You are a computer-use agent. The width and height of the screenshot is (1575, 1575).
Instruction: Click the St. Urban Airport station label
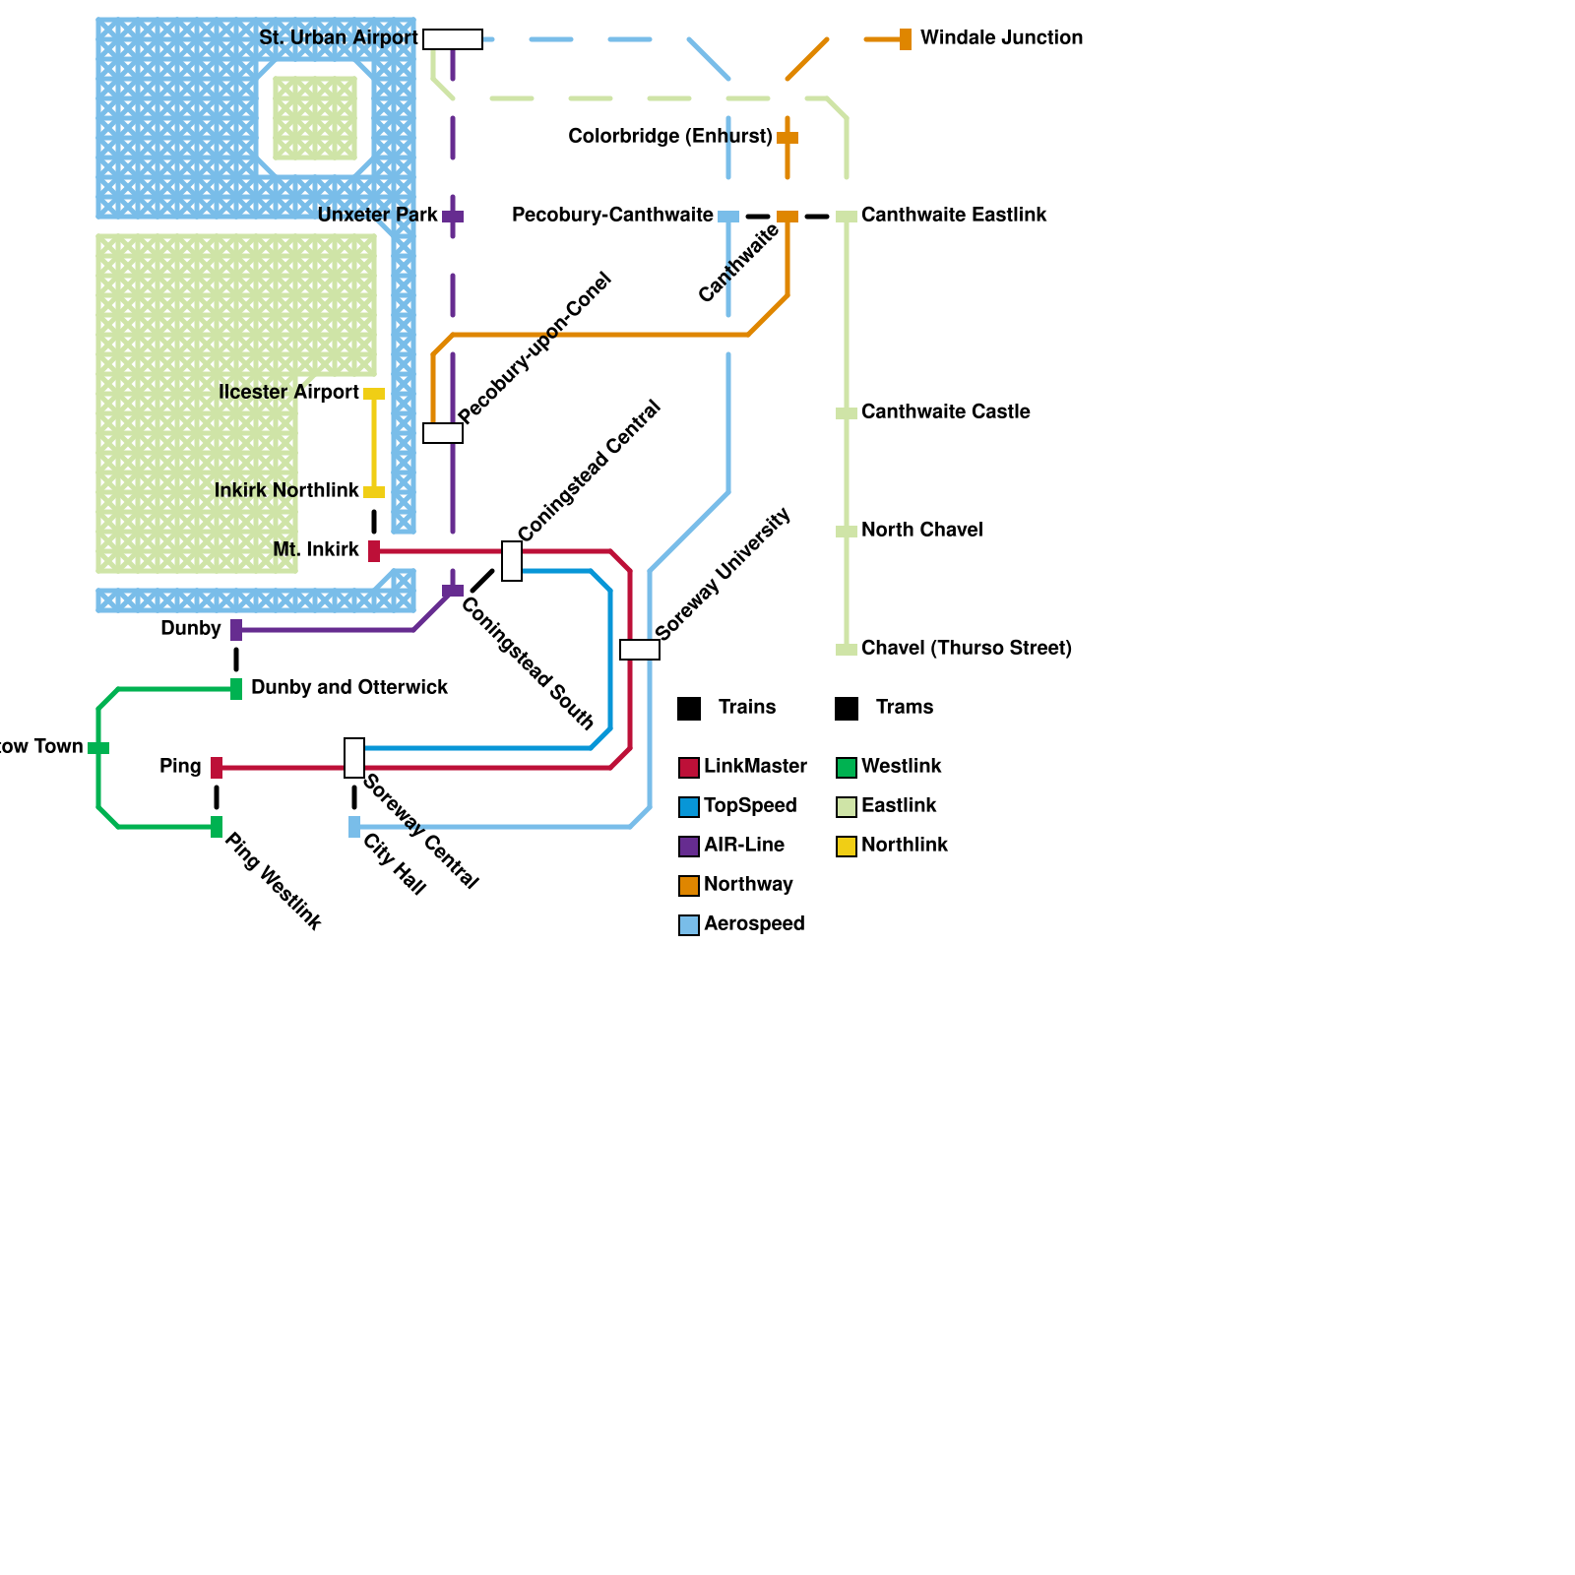(338, 38)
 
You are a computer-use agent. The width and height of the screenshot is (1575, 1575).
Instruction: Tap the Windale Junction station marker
(905, 39)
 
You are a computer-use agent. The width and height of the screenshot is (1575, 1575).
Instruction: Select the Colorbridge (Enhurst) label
(670, 137)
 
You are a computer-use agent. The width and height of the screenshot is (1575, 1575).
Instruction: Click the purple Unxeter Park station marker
(453, 217)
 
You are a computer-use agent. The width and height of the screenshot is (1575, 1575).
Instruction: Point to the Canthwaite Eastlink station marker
(846, 217)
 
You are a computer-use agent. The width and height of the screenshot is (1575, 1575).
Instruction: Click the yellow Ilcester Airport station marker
(374, 394)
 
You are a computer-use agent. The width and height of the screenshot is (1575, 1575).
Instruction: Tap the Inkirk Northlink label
(286, 491)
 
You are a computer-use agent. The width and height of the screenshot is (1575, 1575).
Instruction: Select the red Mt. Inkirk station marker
(374, 551)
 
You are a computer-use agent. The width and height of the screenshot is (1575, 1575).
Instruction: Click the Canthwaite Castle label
(945, 412)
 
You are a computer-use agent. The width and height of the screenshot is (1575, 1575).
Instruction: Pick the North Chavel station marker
(846, 532)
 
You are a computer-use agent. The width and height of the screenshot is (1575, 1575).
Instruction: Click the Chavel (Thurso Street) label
(966, 649)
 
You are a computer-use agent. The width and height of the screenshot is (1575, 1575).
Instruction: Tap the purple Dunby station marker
(236, 630)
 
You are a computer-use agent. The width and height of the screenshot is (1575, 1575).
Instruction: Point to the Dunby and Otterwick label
(349, 688)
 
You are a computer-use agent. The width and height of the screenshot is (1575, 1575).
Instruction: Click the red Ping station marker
(217, 768)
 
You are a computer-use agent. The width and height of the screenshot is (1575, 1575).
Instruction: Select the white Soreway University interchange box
(640, 650)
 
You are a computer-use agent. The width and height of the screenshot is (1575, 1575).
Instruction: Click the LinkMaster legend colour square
(689, 768)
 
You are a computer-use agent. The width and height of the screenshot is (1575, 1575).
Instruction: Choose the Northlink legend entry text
(905, 846)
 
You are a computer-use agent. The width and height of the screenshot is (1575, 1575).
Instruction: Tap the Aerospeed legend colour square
(689, 925)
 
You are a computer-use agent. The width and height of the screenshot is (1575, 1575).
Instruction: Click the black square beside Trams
(847, 709)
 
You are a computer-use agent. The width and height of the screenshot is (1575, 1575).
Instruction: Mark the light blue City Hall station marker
(354, 827)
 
